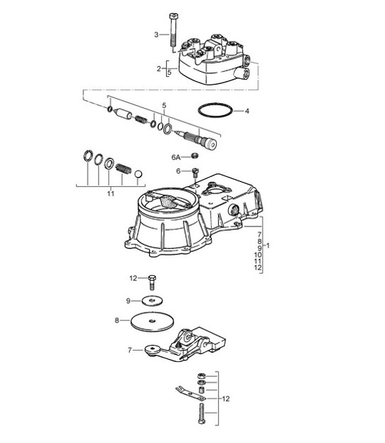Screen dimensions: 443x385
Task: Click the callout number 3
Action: click(x=156, y=35)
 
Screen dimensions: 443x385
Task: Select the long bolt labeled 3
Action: click(x=172, y=31)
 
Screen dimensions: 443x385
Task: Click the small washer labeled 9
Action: click(x=153, y=301)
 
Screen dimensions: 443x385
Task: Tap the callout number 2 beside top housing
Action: click(x=159, y=68)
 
